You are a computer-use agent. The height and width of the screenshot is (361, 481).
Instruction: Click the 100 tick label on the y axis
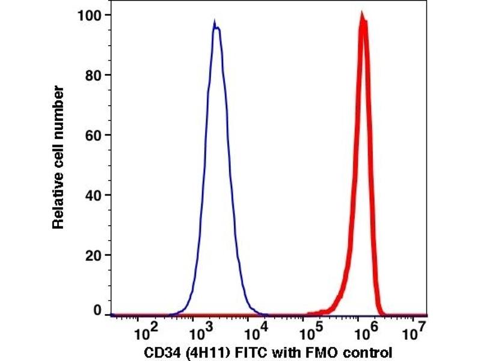[90, 15]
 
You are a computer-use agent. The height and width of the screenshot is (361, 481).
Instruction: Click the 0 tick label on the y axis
[97, 311]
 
